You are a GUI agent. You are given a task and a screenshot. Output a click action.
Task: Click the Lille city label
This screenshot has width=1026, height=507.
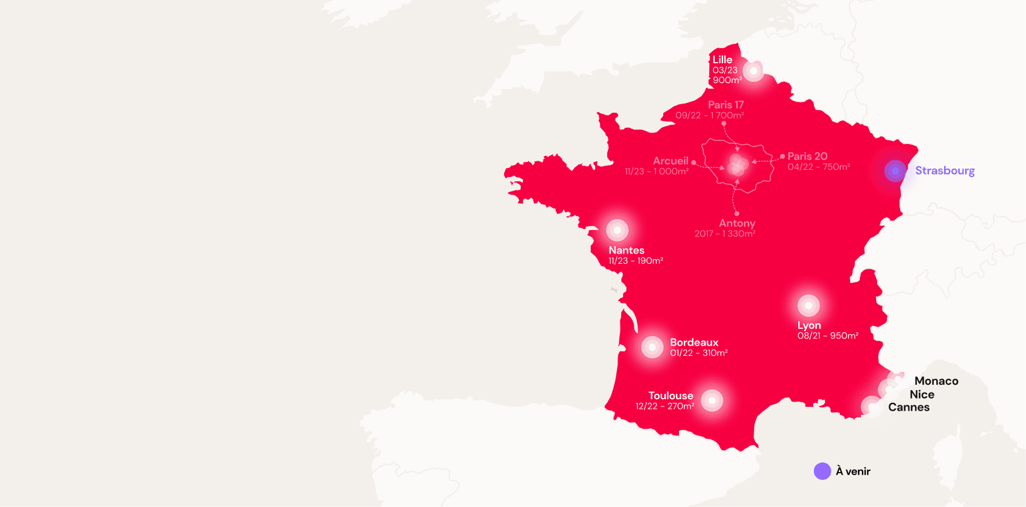tap(722, 60)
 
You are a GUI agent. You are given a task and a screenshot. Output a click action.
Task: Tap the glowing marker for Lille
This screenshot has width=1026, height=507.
tap(753, 71)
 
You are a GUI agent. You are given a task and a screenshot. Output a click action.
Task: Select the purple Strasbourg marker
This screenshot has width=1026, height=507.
tap(895, 171)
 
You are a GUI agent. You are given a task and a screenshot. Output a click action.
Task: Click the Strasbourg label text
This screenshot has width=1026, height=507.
tap(945, 170)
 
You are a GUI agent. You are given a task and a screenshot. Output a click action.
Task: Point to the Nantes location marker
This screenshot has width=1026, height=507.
tap(617, 230)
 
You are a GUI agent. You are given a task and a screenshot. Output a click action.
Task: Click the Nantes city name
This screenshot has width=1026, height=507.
tap(626, 250)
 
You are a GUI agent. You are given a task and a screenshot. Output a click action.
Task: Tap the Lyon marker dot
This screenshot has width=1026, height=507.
tap(809, 306)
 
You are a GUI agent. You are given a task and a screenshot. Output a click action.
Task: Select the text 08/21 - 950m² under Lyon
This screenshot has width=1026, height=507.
tap(828, 336)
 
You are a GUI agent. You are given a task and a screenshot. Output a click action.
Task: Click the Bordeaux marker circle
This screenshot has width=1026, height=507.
tap(652, 347)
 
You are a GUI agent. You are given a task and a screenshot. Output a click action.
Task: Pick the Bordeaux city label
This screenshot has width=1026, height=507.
tap(694, 342)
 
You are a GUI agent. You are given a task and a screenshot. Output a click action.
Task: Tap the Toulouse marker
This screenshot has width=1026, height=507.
tap(712, 400)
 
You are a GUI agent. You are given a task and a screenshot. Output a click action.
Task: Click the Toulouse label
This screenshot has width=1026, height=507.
tap(671, 396)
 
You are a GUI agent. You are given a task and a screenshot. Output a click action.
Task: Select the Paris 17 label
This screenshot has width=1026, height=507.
tap(725, 105)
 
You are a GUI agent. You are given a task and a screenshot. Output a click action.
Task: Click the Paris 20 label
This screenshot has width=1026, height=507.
tap(807, 156)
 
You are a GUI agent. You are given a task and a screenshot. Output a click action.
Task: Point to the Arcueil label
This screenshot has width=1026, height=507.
tap(671, 161)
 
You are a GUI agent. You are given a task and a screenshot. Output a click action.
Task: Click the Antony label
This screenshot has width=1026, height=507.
tap(737, 223)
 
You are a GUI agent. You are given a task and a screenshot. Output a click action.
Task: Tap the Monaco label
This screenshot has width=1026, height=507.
tap(936, 381)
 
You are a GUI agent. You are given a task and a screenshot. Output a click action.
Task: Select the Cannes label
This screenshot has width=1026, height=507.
tap(909, 407)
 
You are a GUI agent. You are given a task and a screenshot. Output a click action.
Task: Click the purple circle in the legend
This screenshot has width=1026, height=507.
tap(822, 471)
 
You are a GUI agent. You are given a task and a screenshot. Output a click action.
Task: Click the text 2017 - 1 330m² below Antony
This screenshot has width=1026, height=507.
tap(725, 234)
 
